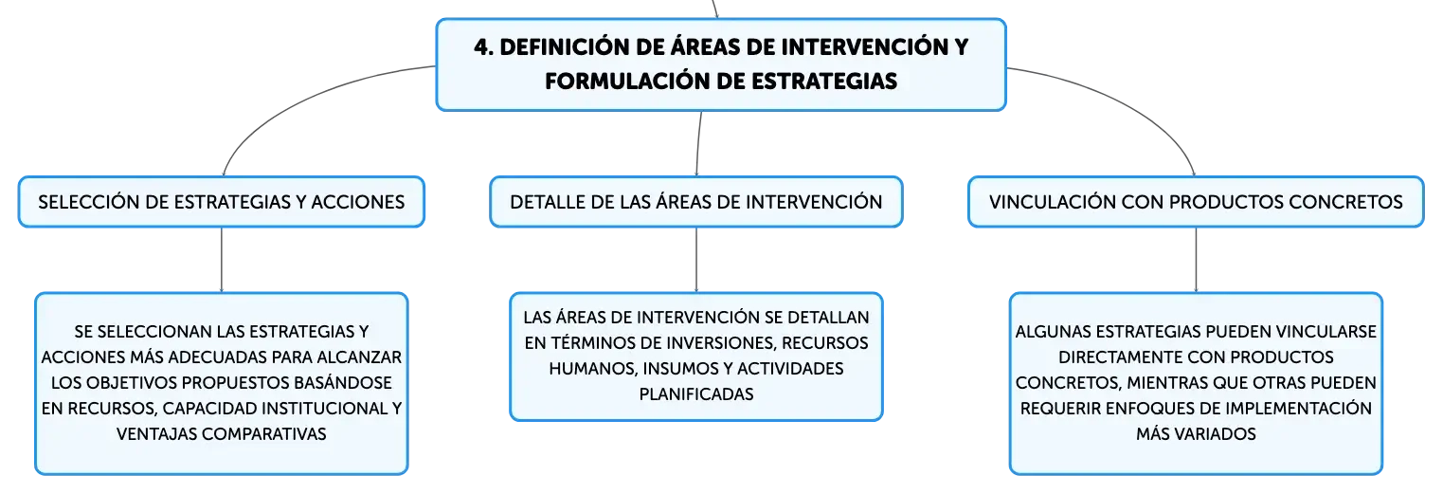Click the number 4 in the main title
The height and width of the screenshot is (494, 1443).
(480, 47)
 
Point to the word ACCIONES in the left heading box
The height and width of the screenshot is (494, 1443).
(357, 202)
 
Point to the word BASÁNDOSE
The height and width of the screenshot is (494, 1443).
(342, 382)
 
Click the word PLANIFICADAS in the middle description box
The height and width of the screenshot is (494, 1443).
(696, 394)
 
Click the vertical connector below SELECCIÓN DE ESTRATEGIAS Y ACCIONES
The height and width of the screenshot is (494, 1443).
(222, 260)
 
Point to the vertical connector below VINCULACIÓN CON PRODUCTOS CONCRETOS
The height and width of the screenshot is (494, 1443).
(1197, 260)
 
